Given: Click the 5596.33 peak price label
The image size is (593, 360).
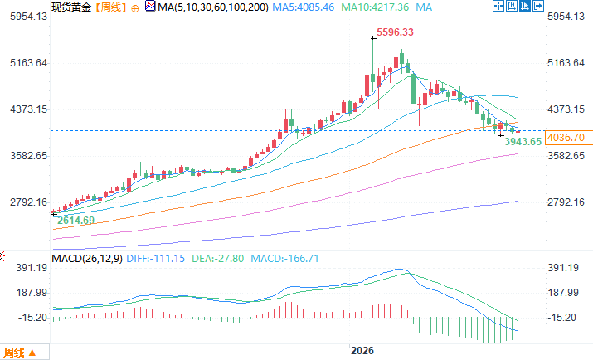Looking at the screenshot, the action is [x=395, y=32].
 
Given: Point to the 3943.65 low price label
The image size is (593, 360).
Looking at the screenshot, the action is [x=523, y=141].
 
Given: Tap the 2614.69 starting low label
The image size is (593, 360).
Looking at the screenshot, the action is [x=75, y=221].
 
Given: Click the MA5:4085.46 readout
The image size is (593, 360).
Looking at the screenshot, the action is [x=304, y=7].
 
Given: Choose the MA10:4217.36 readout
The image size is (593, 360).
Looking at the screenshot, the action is [x=375, y=7].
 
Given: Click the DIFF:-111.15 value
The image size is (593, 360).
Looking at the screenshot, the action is [x=155, y=259].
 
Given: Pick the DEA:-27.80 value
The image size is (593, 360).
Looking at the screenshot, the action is [x=218, y=259].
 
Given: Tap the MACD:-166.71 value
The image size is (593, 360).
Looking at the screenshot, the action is [x=284, y=259].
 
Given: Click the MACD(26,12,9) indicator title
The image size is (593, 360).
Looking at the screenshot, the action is [x=87, y=259].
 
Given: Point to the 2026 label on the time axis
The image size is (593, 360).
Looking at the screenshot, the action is [x=362, y=351].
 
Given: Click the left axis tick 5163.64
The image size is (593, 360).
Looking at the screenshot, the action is [x=29, y=63].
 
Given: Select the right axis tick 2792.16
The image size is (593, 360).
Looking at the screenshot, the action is [x=566, y=202].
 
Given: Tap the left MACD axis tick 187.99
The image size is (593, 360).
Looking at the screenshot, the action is [x=32, y=293].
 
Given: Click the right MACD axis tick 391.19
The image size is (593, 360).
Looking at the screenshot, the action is [x=563, y=268].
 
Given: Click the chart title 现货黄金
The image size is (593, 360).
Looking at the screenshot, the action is [x=71, y=7].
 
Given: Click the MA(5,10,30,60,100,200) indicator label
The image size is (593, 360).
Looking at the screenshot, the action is [x=213, y=7].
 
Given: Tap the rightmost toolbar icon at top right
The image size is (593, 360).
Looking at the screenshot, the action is [x=537, y=6].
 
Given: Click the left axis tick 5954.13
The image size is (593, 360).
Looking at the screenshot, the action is [x=29, y=17].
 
